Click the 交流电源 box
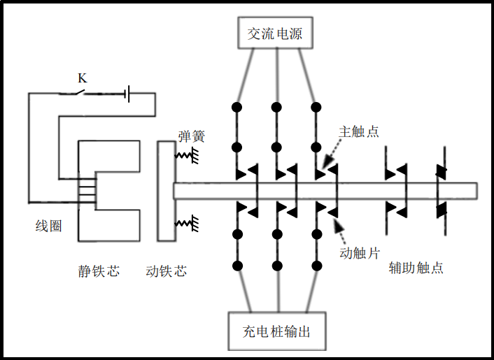pyautogui.click(x=275, y=33)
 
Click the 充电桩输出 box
pyautogui.click(x=278, y=331)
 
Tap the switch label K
pyautogui.click(x=82, y=78)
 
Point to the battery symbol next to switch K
pyautogui.click(x=128, y=94)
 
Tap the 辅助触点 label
pyautogui.click(x=416, y=268)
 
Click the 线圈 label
pyautogui.click(x=48, y=226)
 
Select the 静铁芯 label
pyautogui.click(x=99, y=270)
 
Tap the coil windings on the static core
pyautogui.click(x=88, y=190)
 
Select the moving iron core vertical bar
pyautogui.click(x=166, y=190)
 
